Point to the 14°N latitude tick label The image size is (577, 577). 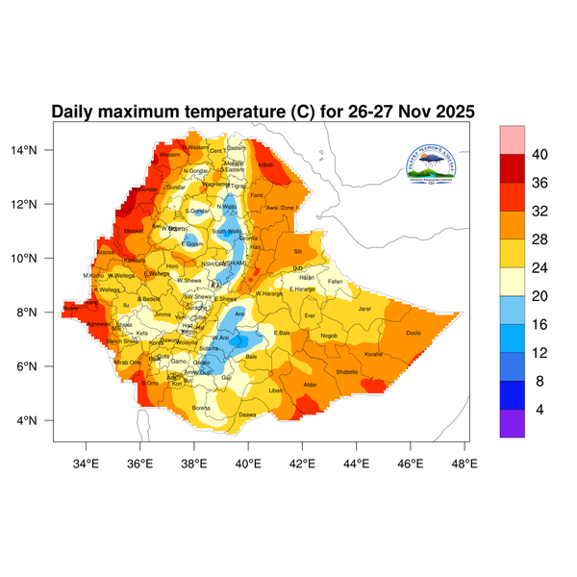tap(37, 150)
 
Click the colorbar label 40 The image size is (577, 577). tap(539, 155)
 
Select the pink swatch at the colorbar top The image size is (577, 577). tap(512, 138)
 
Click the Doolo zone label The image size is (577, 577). tap(414, 333)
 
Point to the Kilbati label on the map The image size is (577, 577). tap(266, 165)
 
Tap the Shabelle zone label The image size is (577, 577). tap(346, 371)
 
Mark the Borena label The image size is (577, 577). tap(202, 408)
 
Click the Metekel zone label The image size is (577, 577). tap(133, 231)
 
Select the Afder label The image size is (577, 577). tap(310, 385)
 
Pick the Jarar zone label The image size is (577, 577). tap(364, 309)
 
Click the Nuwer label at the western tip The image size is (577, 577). tap(71, 309)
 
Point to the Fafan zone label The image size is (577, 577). tap(335, 281)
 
